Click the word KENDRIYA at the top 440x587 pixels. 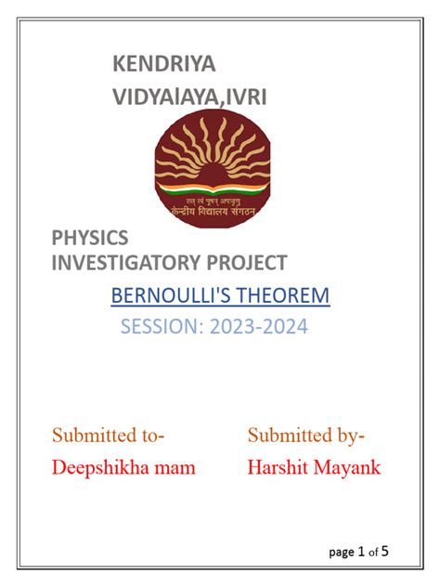click(x=163, y=64)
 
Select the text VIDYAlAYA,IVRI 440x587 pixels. click(x=189, y=96)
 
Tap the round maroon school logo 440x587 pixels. click(x=208, y=168)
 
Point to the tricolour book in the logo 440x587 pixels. click(x=208, y=189)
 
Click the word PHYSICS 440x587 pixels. click(x=90, y=239)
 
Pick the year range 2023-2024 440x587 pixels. click(x=259, y=327)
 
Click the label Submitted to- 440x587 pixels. click(x=109, y=435)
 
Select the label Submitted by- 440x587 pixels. click(x=306, y=435)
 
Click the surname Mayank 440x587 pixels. click(x=347, y=467)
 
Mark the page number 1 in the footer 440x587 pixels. click(x=361, y=552)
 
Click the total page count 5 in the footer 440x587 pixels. click(x=384, y=552)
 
